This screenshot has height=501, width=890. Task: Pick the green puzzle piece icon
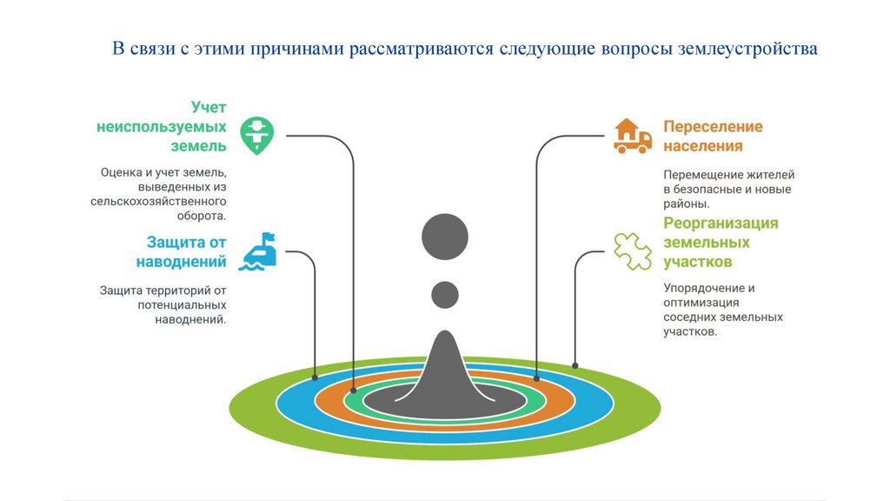pyautogui.click(x=632, y=251)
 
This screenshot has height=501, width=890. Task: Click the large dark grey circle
pyautogui.click(x=445, y=236)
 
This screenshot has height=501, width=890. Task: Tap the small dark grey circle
pyautogui.click(x=445, y=295)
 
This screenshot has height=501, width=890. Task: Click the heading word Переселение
pyautogui.click(x=713, y=126)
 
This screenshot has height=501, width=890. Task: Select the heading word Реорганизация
pyautogui.click(x=721, y=223)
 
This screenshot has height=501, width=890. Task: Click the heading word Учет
pyautogui.click(x=209, y=107)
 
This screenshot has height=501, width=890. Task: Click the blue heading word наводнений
pyautogui.click(x=182, y=261)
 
